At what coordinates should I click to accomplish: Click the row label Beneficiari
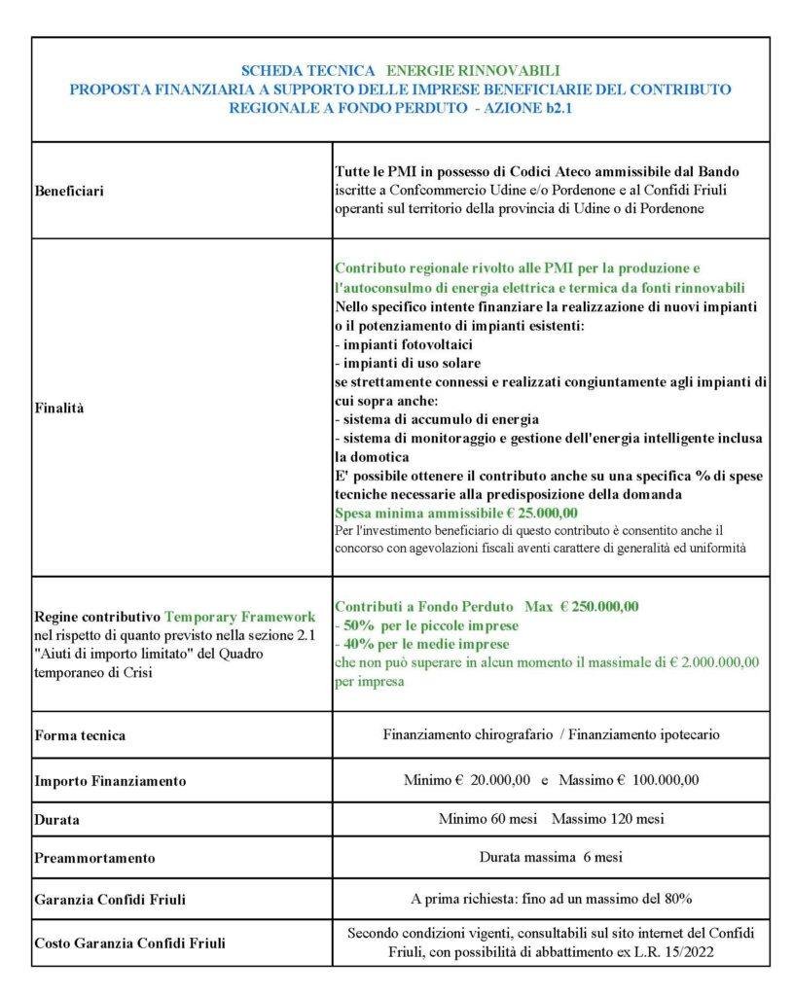tap(69, 191)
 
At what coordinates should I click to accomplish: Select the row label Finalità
tap(59, 409)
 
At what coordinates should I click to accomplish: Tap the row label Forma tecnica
tap(80, 735)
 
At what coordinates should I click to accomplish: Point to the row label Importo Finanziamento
tap(110, 781)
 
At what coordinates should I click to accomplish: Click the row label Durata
tap(56, 819)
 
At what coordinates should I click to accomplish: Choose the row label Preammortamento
tap(94, 858)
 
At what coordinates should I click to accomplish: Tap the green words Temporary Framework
tap(240, 617)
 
